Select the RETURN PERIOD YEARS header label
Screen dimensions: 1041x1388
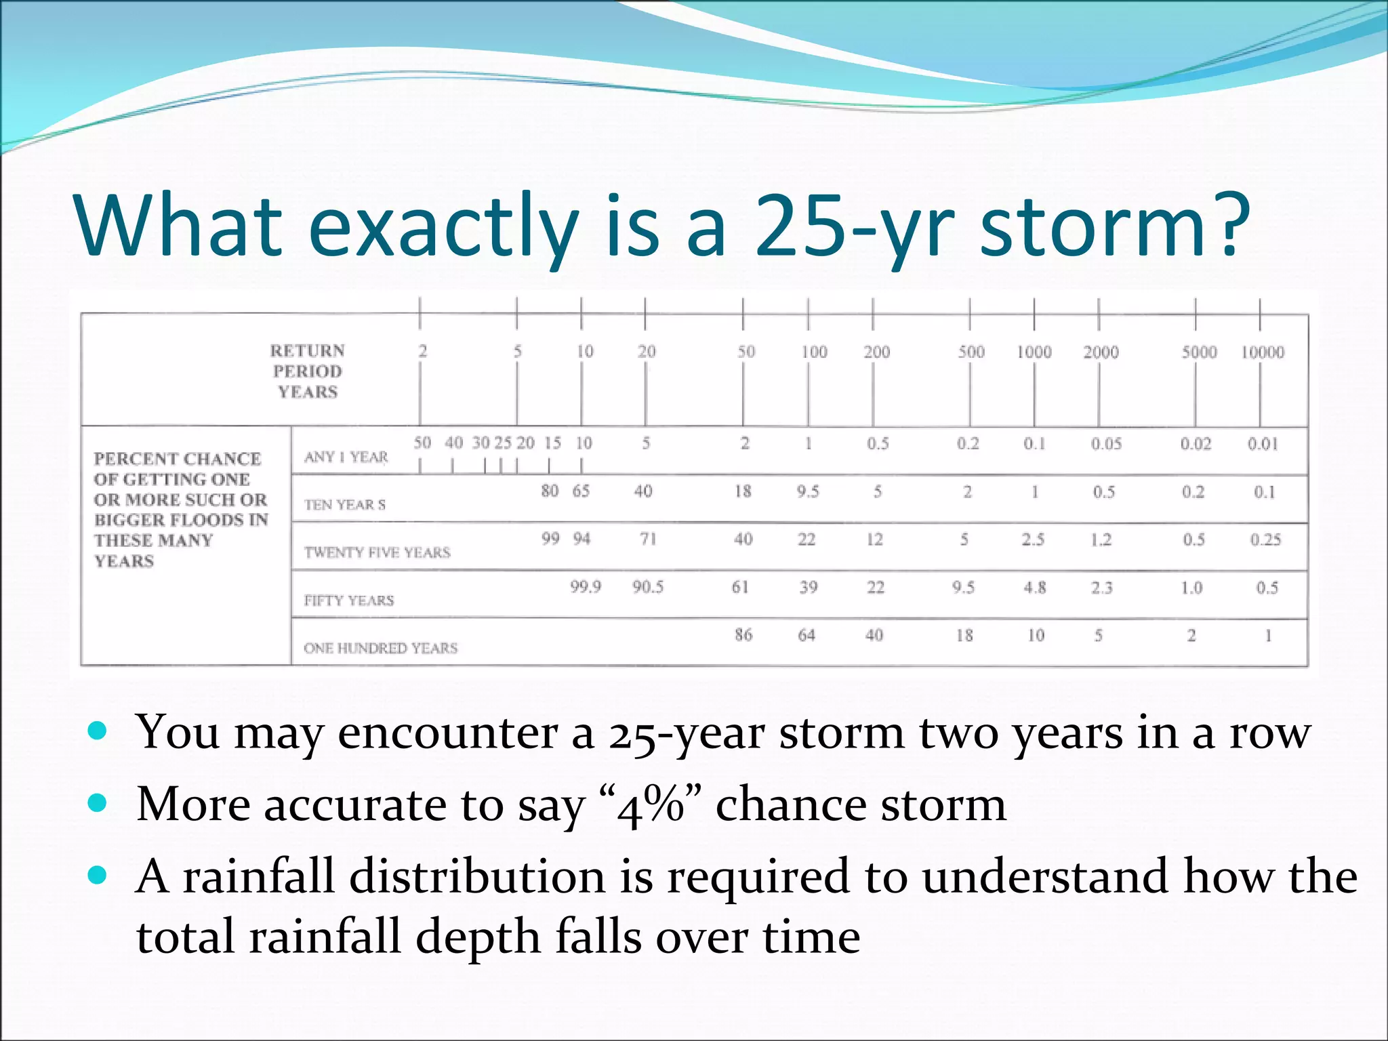[308, 371]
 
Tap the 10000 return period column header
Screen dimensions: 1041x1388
[1262, 352]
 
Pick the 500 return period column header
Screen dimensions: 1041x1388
[971, 352]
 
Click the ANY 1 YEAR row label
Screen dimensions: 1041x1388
[346, 457]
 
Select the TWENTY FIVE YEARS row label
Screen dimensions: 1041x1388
[377, 552]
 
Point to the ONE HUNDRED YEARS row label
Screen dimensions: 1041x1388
[380, 648]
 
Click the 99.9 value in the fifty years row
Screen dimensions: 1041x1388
[585, 586]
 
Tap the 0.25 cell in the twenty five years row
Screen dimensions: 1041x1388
[1265, 539]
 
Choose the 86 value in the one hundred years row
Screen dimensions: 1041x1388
[743, 635]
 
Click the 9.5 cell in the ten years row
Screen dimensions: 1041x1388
[807, 491]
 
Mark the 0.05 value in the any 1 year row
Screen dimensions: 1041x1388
[1106, 444]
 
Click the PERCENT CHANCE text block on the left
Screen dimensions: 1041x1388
[180, 509]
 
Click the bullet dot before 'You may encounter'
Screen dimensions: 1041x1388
[98, 731]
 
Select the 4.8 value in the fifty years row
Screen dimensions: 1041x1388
[1034, 587]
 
